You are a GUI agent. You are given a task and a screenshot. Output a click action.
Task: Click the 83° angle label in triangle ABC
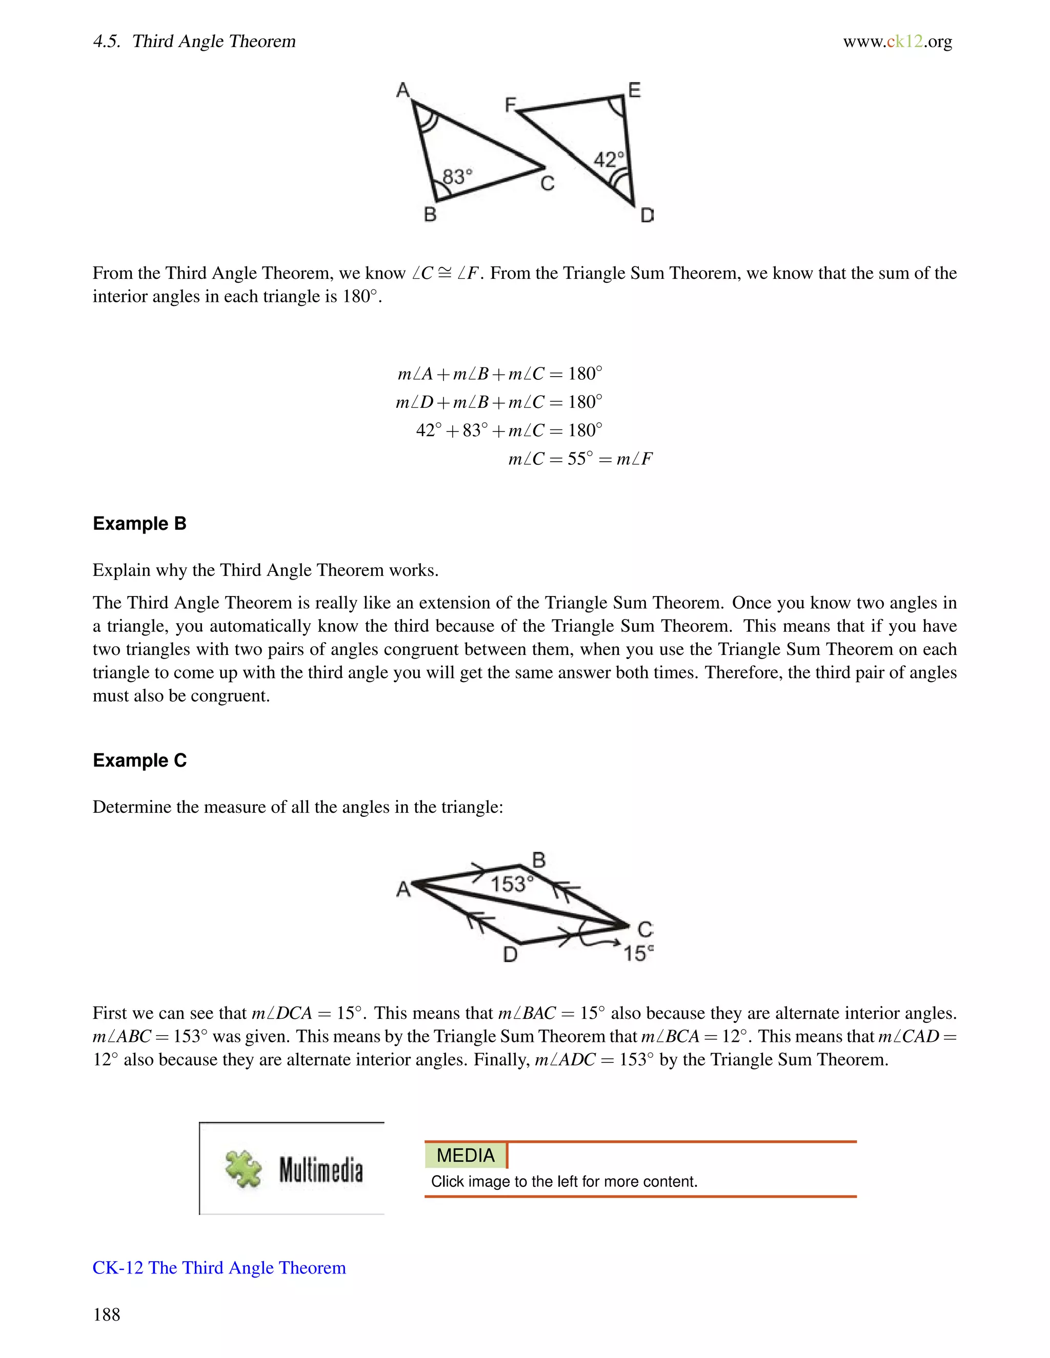[457, 177]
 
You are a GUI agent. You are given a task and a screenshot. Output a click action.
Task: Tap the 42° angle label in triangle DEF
[609, 159]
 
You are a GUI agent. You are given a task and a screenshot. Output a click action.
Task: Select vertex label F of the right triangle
[510, 104]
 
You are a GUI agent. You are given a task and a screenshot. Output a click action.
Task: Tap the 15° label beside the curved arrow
[638, 953]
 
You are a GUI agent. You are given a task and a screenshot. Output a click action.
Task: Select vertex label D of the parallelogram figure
[510, 955]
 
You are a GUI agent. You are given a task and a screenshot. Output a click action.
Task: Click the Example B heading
[139, 524]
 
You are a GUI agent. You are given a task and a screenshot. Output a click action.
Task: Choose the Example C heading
[139, 760]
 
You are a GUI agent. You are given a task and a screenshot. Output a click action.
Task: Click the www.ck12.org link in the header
[897, 42]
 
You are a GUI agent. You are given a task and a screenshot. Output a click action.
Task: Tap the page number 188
[106, 1314]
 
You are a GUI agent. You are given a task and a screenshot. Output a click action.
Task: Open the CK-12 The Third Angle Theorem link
[219, 1268]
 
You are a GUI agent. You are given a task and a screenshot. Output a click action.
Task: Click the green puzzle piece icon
[243, 1169]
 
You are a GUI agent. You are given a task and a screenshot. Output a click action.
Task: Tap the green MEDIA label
[466, 1155]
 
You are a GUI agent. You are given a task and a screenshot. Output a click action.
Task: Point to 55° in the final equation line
[580, 459]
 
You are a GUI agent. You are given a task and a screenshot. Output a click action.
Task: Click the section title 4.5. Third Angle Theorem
[194, 42]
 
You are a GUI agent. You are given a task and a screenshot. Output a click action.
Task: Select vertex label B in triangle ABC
[430, 215]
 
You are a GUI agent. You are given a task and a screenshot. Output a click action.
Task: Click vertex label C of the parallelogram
[645, 930]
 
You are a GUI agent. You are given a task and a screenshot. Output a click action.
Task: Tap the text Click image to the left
[563, 1181]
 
